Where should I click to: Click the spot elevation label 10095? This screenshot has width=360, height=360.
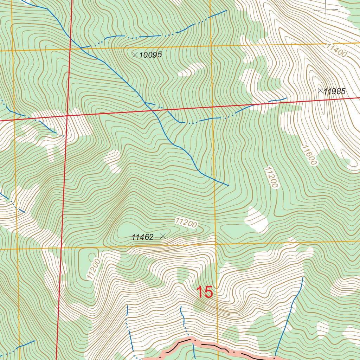(x=150, y=55)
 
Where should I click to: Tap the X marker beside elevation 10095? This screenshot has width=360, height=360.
(x=134, y=54)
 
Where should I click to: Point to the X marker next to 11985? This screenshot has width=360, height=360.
(x=320, y=90)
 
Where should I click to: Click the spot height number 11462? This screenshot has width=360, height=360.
(x=143, y=237)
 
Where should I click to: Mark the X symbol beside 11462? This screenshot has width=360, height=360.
(x=162, y=236)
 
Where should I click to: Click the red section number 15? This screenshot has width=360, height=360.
(x=204, y=292)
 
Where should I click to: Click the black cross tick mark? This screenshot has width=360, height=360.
(x=326, y=10)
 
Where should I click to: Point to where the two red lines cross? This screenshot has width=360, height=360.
(x=67, y=115)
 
